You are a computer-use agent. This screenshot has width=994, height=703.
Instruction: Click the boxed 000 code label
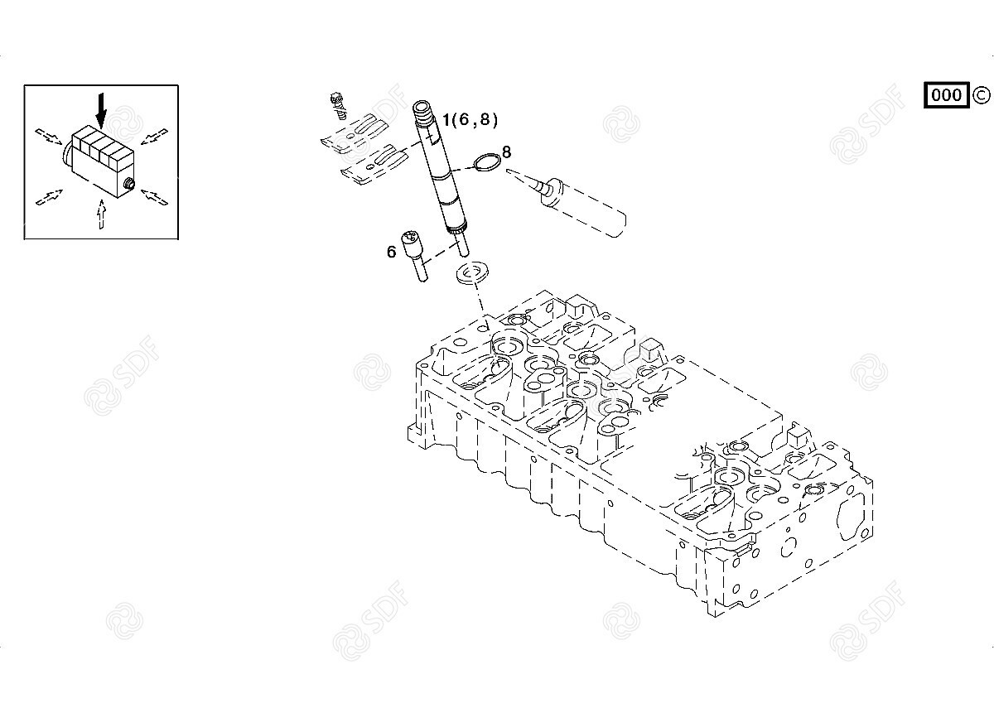(946, 95)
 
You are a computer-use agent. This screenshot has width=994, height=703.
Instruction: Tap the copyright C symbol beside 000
(981, 95)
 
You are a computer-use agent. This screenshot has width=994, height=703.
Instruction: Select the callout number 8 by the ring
(506, 152)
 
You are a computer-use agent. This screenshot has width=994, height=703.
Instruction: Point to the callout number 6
(391, 252)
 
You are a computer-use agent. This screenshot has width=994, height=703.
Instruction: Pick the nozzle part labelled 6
(414, 254)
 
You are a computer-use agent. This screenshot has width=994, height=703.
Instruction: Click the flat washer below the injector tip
(473, 272)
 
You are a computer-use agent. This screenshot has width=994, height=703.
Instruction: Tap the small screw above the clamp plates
(337, 102)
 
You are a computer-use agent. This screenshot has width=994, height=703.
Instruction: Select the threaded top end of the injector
(423, 110)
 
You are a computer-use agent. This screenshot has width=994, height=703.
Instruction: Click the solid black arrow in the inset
(101, 108)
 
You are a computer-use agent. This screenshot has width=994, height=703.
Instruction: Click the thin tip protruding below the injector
(463, 246)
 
